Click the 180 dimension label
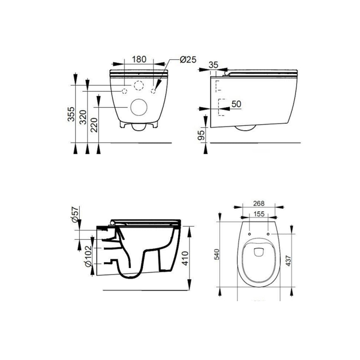(139, 59)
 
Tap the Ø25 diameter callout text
(187, 59)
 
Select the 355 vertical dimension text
(71, 114)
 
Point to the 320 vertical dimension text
(83, 117)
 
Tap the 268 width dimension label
(258, 203)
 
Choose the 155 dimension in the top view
(258, 213)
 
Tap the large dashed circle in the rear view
(139, 86)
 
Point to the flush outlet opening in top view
(258, 251)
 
